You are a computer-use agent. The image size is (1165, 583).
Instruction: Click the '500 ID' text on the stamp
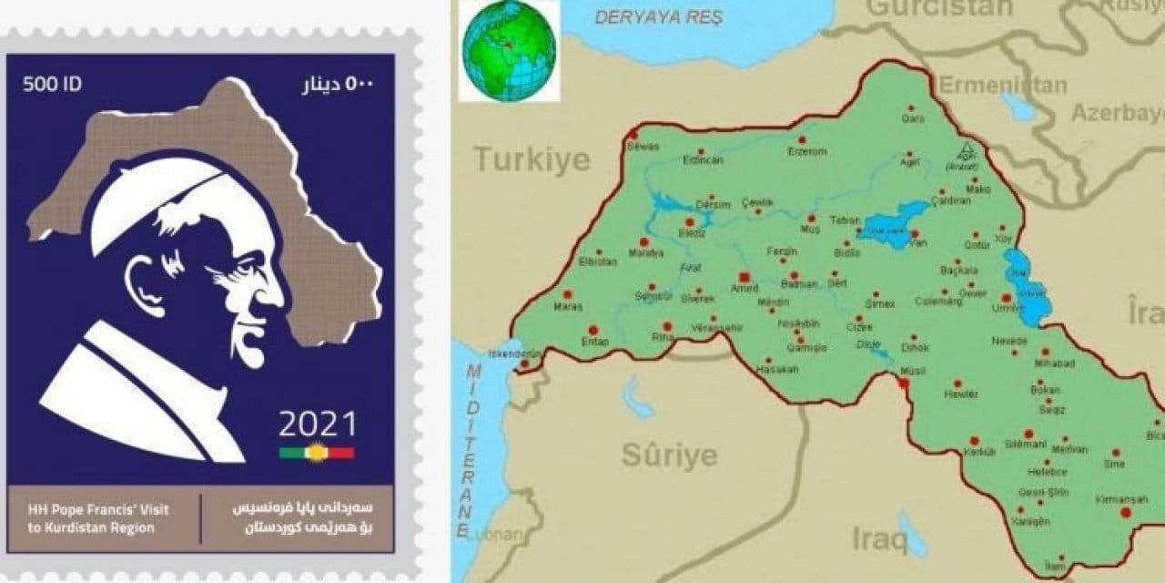pos(53,85)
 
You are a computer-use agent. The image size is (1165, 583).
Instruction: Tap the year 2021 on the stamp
pos(318,424)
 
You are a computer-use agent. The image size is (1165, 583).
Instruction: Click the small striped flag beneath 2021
pos(317,452)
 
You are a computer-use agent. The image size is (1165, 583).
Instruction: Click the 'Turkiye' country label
pos(532,161)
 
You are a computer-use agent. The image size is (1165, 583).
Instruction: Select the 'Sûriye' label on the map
pos(669,454)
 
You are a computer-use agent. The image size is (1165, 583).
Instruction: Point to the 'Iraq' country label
pos(879,539)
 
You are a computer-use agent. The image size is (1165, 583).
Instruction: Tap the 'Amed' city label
pos(745,288)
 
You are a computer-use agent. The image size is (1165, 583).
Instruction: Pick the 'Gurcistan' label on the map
pos(938,8)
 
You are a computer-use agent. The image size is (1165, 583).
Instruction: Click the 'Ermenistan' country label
pos(1002,86)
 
